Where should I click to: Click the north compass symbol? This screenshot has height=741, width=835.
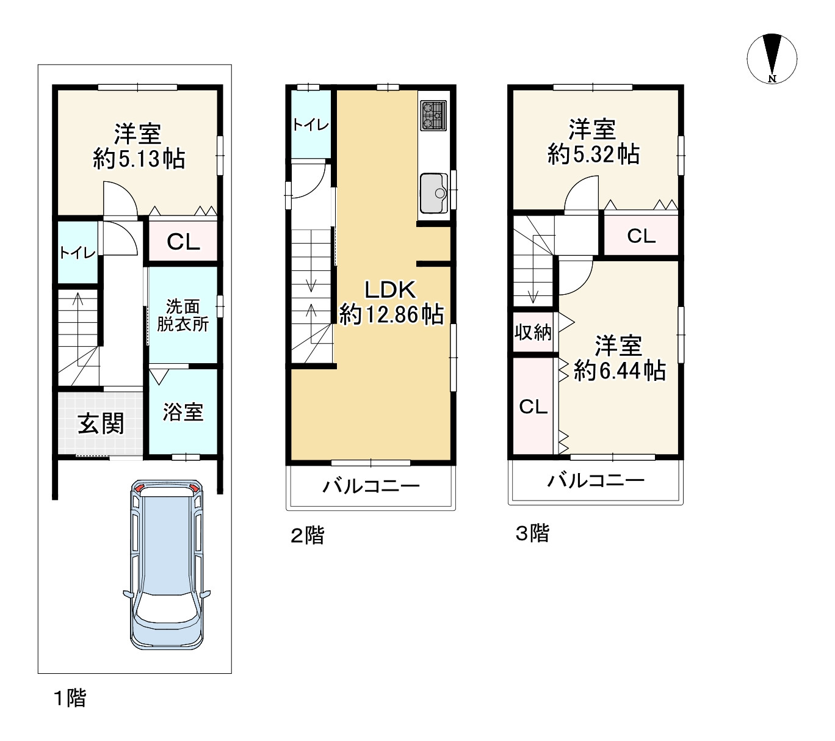coord(772,59)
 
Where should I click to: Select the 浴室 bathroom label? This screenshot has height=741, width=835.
coord(183,412)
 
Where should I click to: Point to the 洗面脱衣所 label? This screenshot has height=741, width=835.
coord(183,316)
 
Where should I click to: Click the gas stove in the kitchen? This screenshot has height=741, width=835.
coord(433,115)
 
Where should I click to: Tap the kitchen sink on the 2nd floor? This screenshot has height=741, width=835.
coord(434,193)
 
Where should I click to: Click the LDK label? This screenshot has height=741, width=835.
coord(390,290)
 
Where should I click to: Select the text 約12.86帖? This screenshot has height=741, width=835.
coord(391,314)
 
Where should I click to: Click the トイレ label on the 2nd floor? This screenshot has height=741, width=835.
coord(311,125)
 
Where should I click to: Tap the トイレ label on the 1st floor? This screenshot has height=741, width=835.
coord(78,252)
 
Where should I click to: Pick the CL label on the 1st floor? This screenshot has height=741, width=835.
coord(183,242)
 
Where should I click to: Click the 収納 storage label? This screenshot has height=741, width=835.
coord(533,332)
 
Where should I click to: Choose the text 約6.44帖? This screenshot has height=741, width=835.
coord(620,370)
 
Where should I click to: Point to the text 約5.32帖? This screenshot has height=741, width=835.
coord(593,154)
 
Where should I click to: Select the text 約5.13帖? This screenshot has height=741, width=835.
coord(139,159)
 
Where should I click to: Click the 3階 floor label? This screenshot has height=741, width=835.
coord(532,533)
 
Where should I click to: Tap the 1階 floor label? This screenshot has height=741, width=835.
coord(70,698)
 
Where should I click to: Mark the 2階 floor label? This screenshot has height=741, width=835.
coord(308,535)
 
